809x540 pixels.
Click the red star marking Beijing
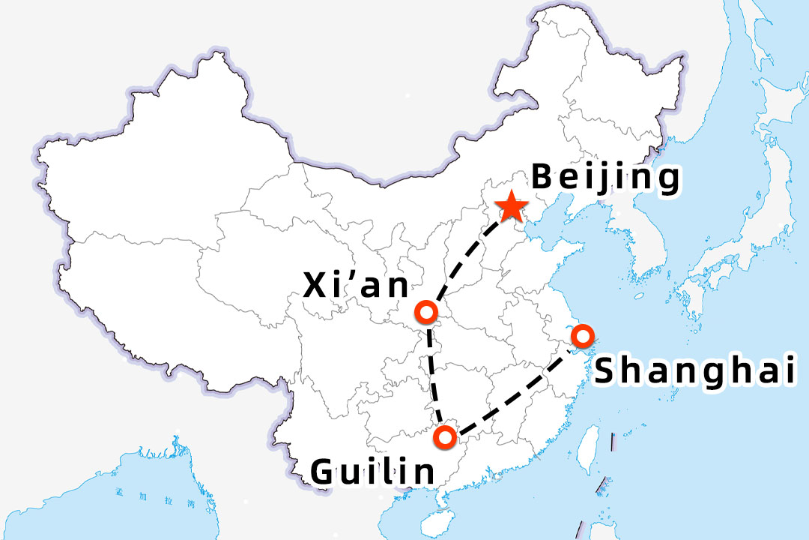click(x=512, y=206)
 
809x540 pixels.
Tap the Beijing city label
click(x=606, y=179)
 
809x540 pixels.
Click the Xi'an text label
click(x=357, y=286)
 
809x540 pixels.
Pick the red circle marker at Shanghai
click(x=581, y=335)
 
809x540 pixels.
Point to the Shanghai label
click(x=694, y=370)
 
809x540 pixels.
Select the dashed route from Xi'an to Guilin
click(x=434, y=375)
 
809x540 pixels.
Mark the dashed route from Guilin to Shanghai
click(x=517, y=397)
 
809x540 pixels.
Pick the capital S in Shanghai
click(x=607, y=370)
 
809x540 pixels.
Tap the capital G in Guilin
click(x=324, y=472)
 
